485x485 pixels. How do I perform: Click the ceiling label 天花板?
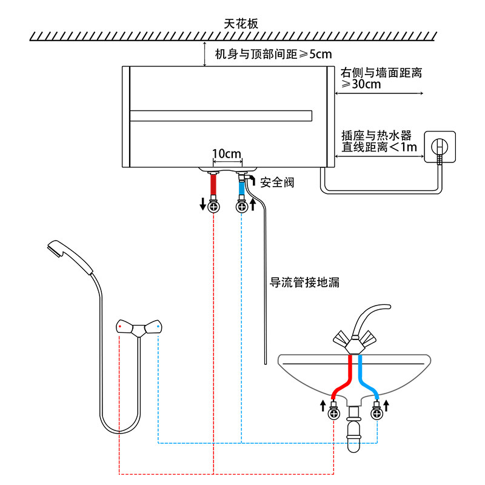point(241,24)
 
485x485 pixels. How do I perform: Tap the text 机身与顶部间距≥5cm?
point(273,55)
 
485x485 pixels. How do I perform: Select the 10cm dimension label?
point(227,154)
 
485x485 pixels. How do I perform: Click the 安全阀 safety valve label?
point(277,182)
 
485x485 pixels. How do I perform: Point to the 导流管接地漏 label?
point(304,282)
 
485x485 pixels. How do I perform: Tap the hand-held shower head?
point(67,257)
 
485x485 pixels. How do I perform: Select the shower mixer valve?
point(139,328)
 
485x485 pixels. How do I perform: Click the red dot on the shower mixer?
point(121,327)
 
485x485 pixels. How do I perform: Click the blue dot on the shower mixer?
point(158,327)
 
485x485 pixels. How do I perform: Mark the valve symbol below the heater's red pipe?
point(213,207)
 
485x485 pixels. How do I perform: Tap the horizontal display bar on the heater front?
point(221,115)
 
